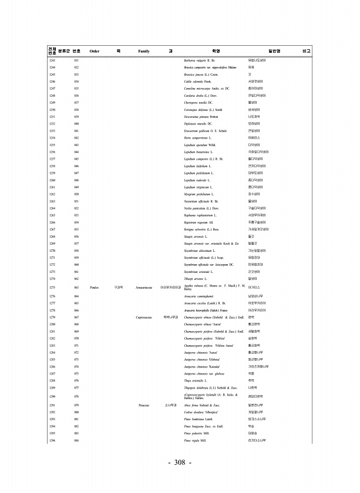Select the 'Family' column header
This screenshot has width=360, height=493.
pyautogui.click(x=144, y=52)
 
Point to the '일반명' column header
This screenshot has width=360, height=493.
pyautogui.click(x=274, y=52)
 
